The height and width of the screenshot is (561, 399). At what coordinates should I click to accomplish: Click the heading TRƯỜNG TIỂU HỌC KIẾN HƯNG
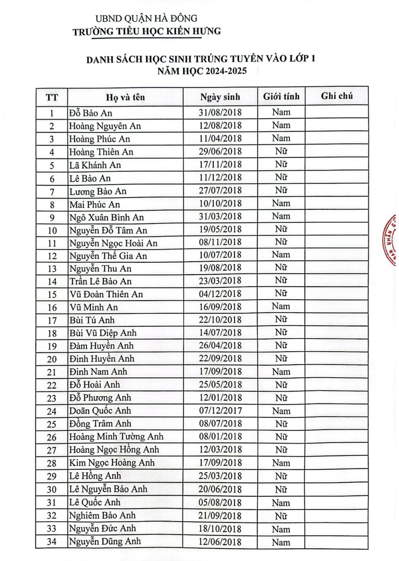(x=147, y=31)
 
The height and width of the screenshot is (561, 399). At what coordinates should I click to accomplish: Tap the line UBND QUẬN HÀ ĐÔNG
(x=146, y=18)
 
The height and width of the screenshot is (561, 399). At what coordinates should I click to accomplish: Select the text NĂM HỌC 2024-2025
(x=202, y=71)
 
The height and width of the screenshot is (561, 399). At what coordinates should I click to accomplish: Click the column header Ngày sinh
(x=220, y=97)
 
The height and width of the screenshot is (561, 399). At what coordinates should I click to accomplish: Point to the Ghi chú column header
(x=337, y=96)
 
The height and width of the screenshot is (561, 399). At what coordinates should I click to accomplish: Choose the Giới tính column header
(x=281, y=96)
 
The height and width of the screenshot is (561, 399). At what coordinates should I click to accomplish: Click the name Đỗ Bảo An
(x=90, y=113)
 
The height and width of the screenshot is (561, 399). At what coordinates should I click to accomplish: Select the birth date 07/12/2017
(x=220, y=411)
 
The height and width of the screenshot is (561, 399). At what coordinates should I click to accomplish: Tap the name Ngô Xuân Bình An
(x=107, y=217)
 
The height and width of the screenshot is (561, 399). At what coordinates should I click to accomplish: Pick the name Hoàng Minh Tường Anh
(x=116, y=436)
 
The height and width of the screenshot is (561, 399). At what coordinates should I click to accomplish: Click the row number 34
(x=52, y=542)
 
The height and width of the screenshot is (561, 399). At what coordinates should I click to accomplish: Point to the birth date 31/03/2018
(x=220, y=216)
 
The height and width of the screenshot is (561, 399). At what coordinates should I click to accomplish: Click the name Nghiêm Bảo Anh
(x=102, y=515)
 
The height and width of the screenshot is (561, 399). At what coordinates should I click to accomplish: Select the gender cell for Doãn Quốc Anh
(x=281, y=411)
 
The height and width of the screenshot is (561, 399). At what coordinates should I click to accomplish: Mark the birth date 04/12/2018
(x=220, y=294)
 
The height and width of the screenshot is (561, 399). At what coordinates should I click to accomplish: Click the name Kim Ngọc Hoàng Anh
(x=112, y=463)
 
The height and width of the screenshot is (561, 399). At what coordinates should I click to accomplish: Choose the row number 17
(x=52, y=321)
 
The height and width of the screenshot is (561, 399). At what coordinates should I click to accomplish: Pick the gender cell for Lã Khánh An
(x=281, y=164)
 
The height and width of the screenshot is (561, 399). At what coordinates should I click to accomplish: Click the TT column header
(x=52, y=98)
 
